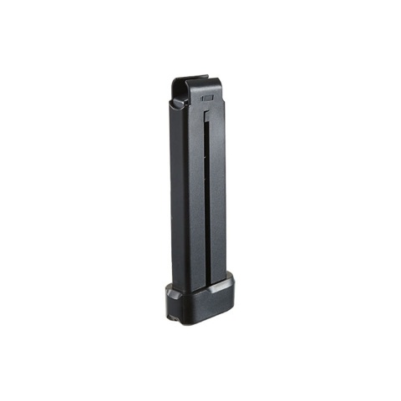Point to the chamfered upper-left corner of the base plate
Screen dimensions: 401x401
(x=170, y=289)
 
